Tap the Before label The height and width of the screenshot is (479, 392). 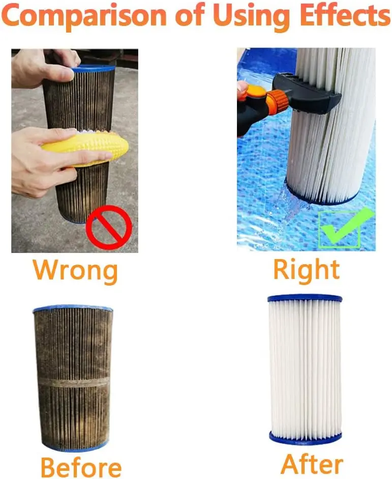[x=81, y=466]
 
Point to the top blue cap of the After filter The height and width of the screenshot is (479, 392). [x=305, y=298]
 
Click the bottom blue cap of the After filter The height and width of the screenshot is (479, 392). [x=305, y=437]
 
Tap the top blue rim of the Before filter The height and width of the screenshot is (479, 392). [x=73, y=309]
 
